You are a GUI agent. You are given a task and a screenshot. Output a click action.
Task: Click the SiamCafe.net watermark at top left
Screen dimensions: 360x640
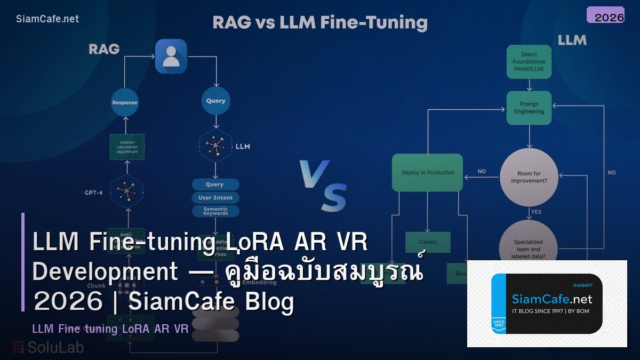47,19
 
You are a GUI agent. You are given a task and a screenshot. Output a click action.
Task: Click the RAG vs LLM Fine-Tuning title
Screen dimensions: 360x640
320,23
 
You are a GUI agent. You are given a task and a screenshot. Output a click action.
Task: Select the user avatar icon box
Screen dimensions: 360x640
171,56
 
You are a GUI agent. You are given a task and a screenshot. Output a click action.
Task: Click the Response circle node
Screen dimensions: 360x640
124,102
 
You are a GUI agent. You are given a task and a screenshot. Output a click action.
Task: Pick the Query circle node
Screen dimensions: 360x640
215,101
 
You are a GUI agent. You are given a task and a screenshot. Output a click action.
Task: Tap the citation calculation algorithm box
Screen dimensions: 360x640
127,147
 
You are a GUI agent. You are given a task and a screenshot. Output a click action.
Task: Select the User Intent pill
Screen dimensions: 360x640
215,198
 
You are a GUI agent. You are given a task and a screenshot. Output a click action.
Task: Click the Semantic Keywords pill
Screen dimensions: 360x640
215,211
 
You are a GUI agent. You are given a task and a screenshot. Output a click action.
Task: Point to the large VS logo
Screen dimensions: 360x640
323,185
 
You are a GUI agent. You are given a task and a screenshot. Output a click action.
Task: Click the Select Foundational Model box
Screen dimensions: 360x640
529,62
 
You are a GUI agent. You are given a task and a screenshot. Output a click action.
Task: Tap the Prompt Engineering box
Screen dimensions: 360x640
529,108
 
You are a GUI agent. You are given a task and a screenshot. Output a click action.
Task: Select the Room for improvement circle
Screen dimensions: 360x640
529,177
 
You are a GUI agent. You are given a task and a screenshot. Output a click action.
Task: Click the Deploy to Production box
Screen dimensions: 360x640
427,173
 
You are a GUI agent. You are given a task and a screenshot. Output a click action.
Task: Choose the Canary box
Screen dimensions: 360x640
428,242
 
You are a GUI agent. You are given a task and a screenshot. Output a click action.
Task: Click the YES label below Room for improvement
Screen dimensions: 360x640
536,212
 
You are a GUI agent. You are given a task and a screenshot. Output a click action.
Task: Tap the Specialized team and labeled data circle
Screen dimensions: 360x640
527,248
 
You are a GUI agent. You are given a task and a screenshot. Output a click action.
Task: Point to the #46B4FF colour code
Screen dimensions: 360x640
582,286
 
